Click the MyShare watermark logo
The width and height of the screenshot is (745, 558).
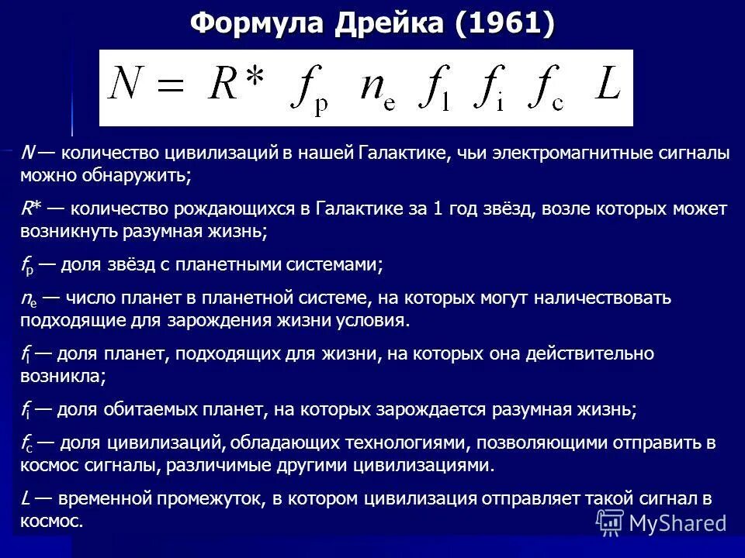point(664,521)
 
